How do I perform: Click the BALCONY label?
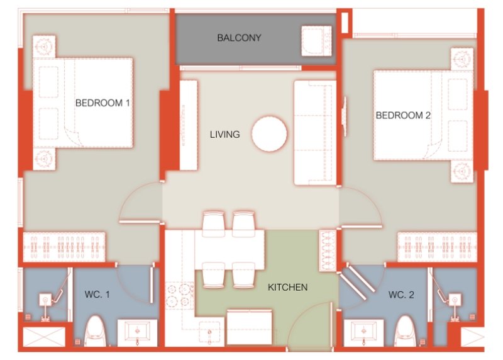[239, 38]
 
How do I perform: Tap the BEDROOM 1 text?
[102, 103]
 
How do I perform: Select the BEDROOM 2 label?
[403, 115]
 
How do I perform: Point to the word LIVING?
[224, 134]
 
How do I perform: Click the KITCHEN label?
[287, 287]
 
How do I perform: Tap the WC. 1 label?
[97, 294]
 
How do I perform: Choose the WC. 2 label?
[401, 294]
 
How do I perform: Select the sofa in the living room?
[314, 133]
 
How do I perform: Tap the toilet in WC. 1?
[95, 330]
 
